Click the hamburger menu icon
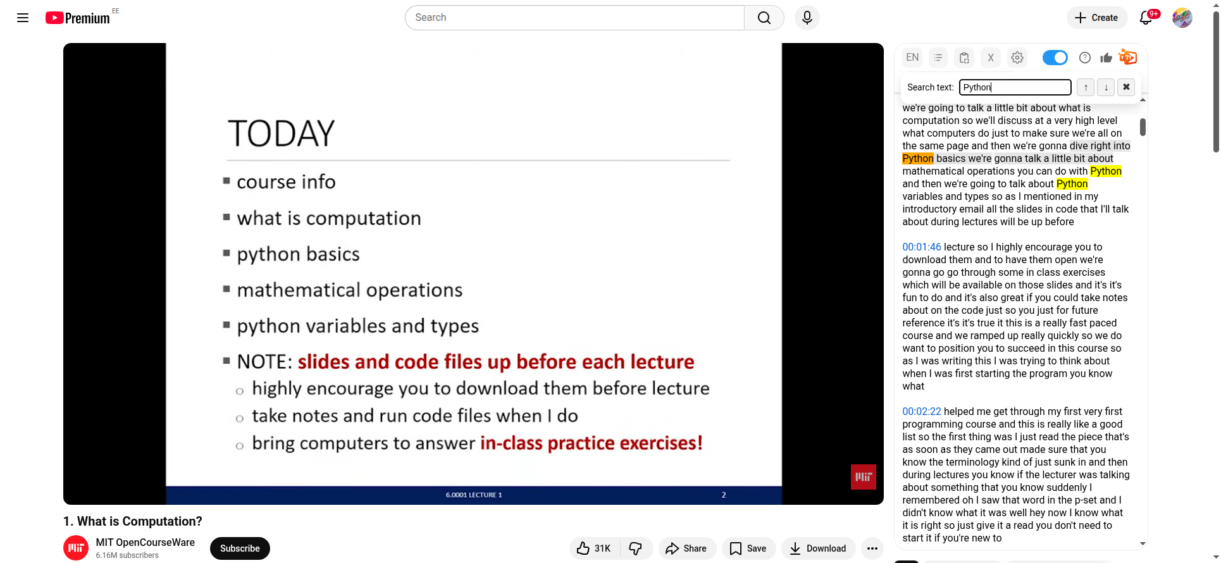click(x=23, y=18)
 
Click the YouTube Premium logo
click(x=78, y=18)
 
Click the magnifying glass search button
click(x=764, y=18)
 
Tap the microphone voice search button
click(x=807, y=18)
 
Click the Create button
click(x=1097, y=18)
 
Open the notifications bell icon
click(x=1146, y=18)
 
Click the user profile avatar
click(x=1182, y=18)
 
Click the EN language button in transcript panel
click(x=912, y=58)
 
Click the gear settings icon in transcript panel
click(x=1017, y=58)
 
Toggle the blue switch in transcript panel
click(x=1055, y=58)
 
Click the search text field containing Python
click(x=1015, y=87)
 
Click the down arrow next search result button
click(x=1106, y=87)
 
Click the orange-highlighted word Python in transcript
click(x=918, y=158)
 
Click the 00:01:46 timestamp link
click(x=922, y=247)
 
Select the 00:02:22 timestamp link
click(x=922, y=411)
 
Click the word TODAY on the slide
click(x=281, y=133)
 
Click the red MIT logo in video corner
click(x=863, y=477)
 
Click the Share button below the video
click(x=687, y=548)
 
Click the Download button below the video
click(x=818, y=548)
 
